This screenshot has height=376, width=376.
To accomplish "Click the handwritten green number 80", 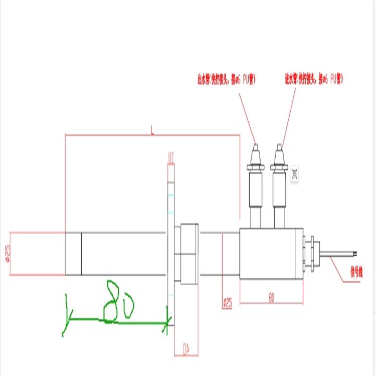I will (118, 300).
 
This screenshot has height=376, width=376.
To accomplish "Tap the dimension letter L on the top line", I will (152, 131).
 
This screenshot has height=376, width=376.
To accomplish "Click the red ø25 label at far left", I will (7, 254).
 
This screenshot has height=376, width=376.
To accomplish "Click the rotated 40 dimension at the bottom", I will (186, 348).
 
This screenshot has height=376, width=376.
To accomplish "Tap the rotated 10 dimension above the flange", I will (170, 159).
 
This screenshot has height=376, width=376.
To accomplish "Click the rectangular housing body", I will (271, 254).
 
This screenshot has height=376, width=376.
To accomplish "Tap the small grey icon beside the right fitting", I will (295, 174).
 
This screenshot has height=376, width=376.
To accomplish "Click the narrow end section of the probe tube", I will (73, 254).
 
